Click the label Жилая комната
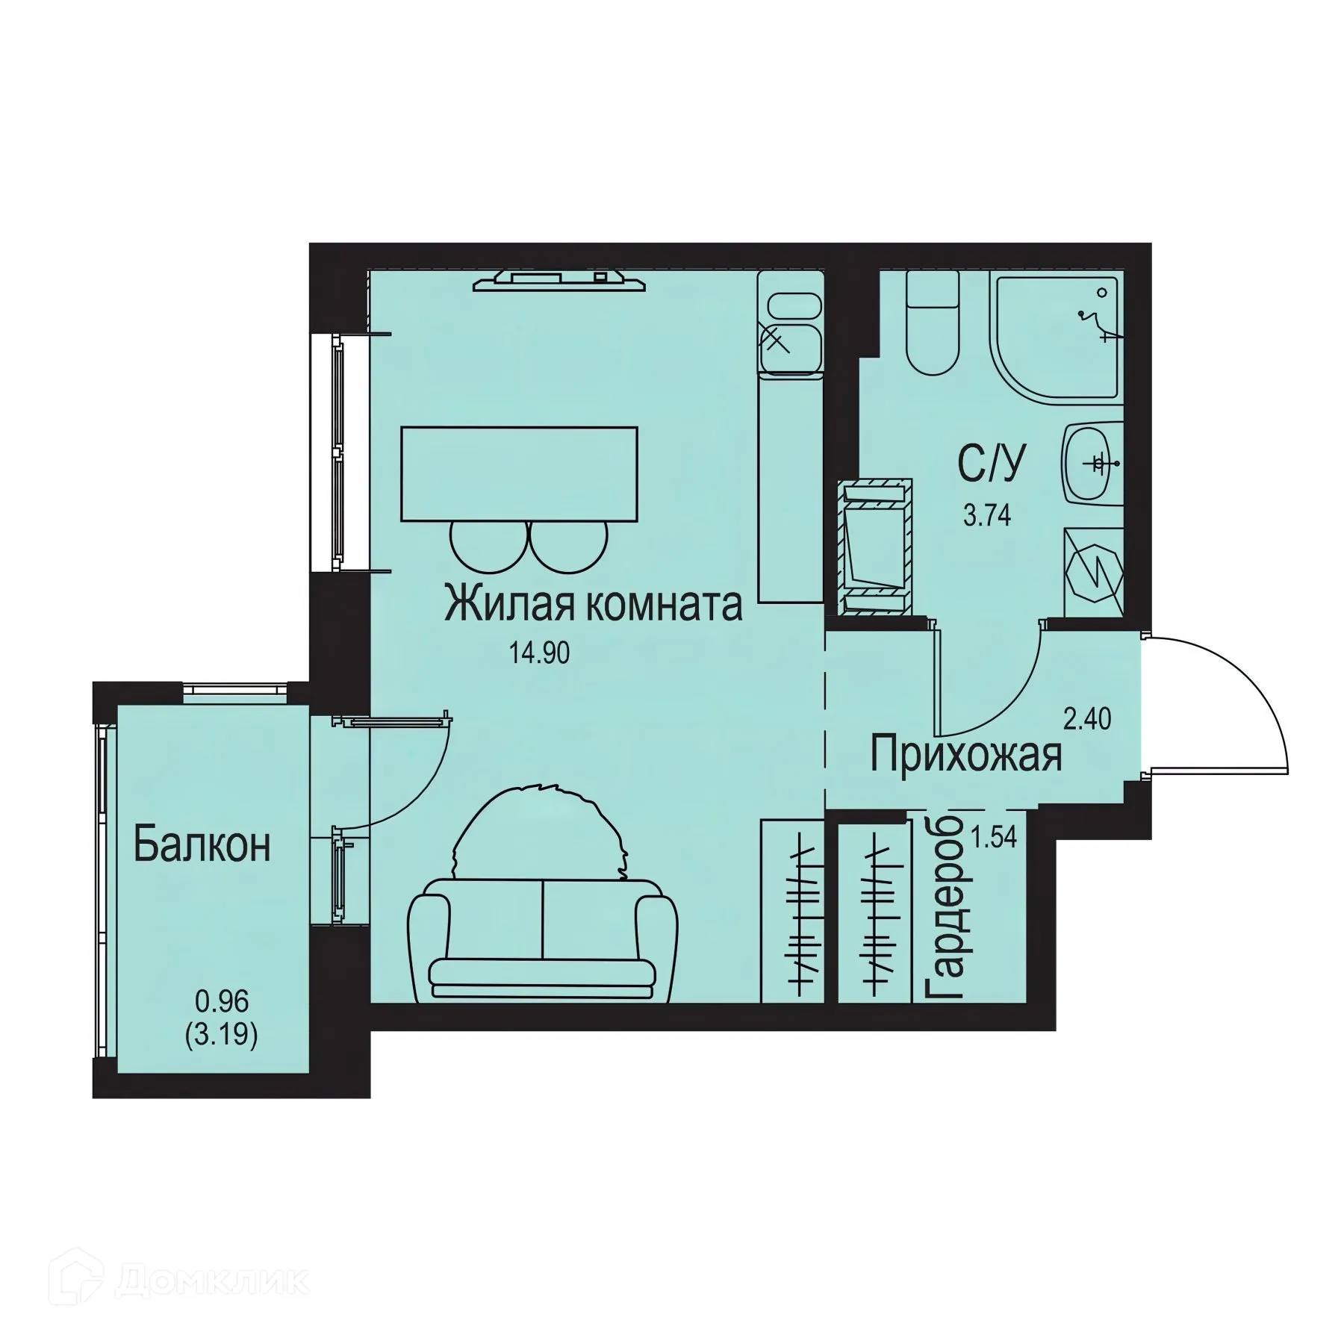(593, 605)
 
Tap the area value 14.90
(539, 653)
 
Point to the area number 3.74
(987, 515)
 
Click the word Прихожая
(965, 755)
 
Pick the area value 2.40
(1087, 719)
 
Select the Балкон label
(202, 845)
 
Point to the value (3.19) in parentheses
(221, 1036)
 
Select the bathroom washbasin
(1092, 464)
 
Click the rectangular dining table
(520, 473)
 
